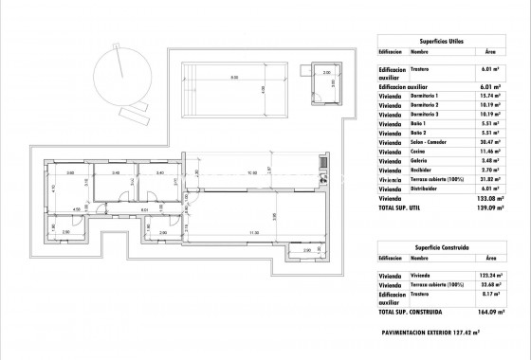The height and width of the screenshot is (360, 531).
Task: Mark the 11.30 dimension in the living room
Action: tap(253, 232)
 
